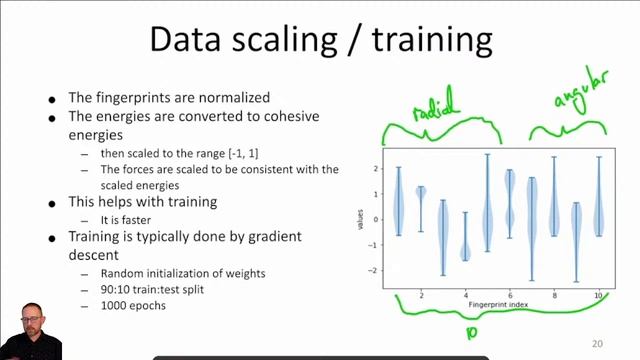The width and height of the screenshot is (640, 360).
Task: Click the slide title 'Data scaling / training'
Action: (x=320, y=39)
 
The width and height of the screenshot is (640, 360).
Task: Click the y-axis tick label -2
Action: (x=374, y=271)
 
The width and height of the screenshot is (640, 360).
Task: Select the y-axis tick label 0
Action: (x=376, y=220)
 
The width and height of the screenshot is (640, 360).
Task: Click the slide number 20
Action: (x=597, y=344)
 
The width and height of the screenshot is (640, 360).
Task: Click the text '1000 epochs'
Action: (x=133, y=306)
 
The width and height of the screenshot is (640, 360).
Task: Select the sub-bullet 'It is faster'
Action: (x=131, y=218)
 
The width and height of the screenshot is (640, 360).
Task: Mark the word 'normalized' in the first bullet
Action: (x=233, y=98)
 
